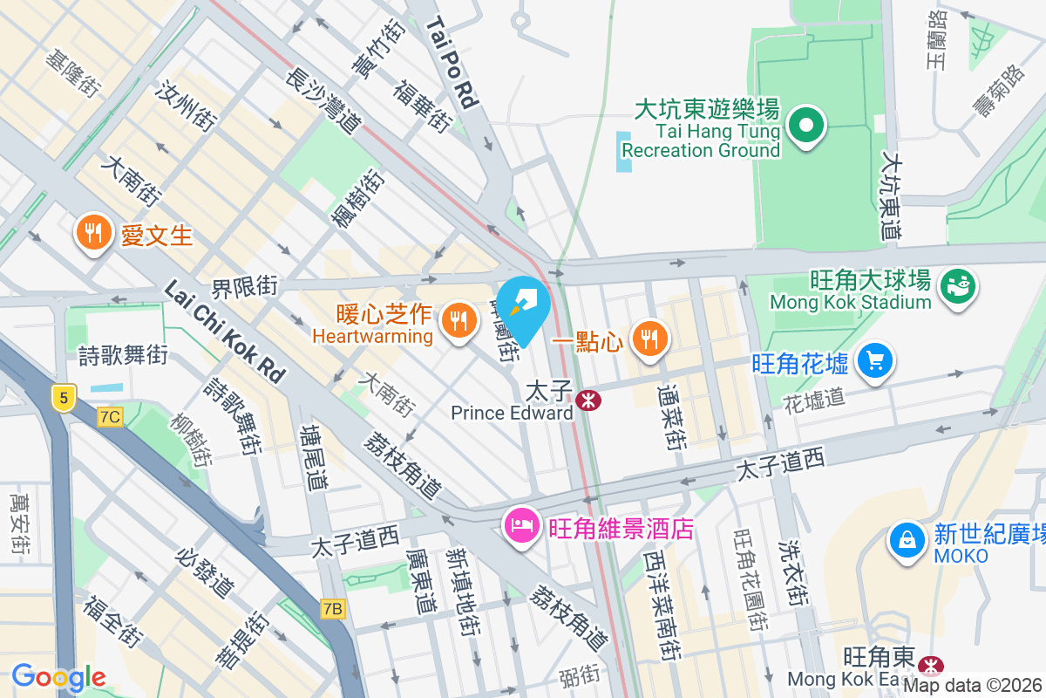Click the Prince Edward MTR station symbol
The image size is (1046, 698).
click(x=588, y=400)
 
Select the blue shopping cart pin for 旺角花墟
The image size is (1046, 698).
click(x=875, y=361)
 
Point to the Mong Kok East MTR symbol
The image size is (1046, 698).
click(x=932, y=666)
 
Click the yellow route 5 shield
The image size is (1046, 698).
click(x=63, y=397)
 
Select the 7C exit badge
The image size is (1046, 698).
click(x=110, y=416)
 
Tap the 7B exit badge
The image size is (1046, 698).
click(x=332, y=609)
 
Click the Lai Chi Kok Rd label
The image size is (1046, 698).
click(x=225, y=332)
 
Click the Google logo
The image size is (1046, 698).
click(x=58, y=676)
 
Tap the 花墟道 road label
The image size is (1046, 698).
click(x=802, y=400)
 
